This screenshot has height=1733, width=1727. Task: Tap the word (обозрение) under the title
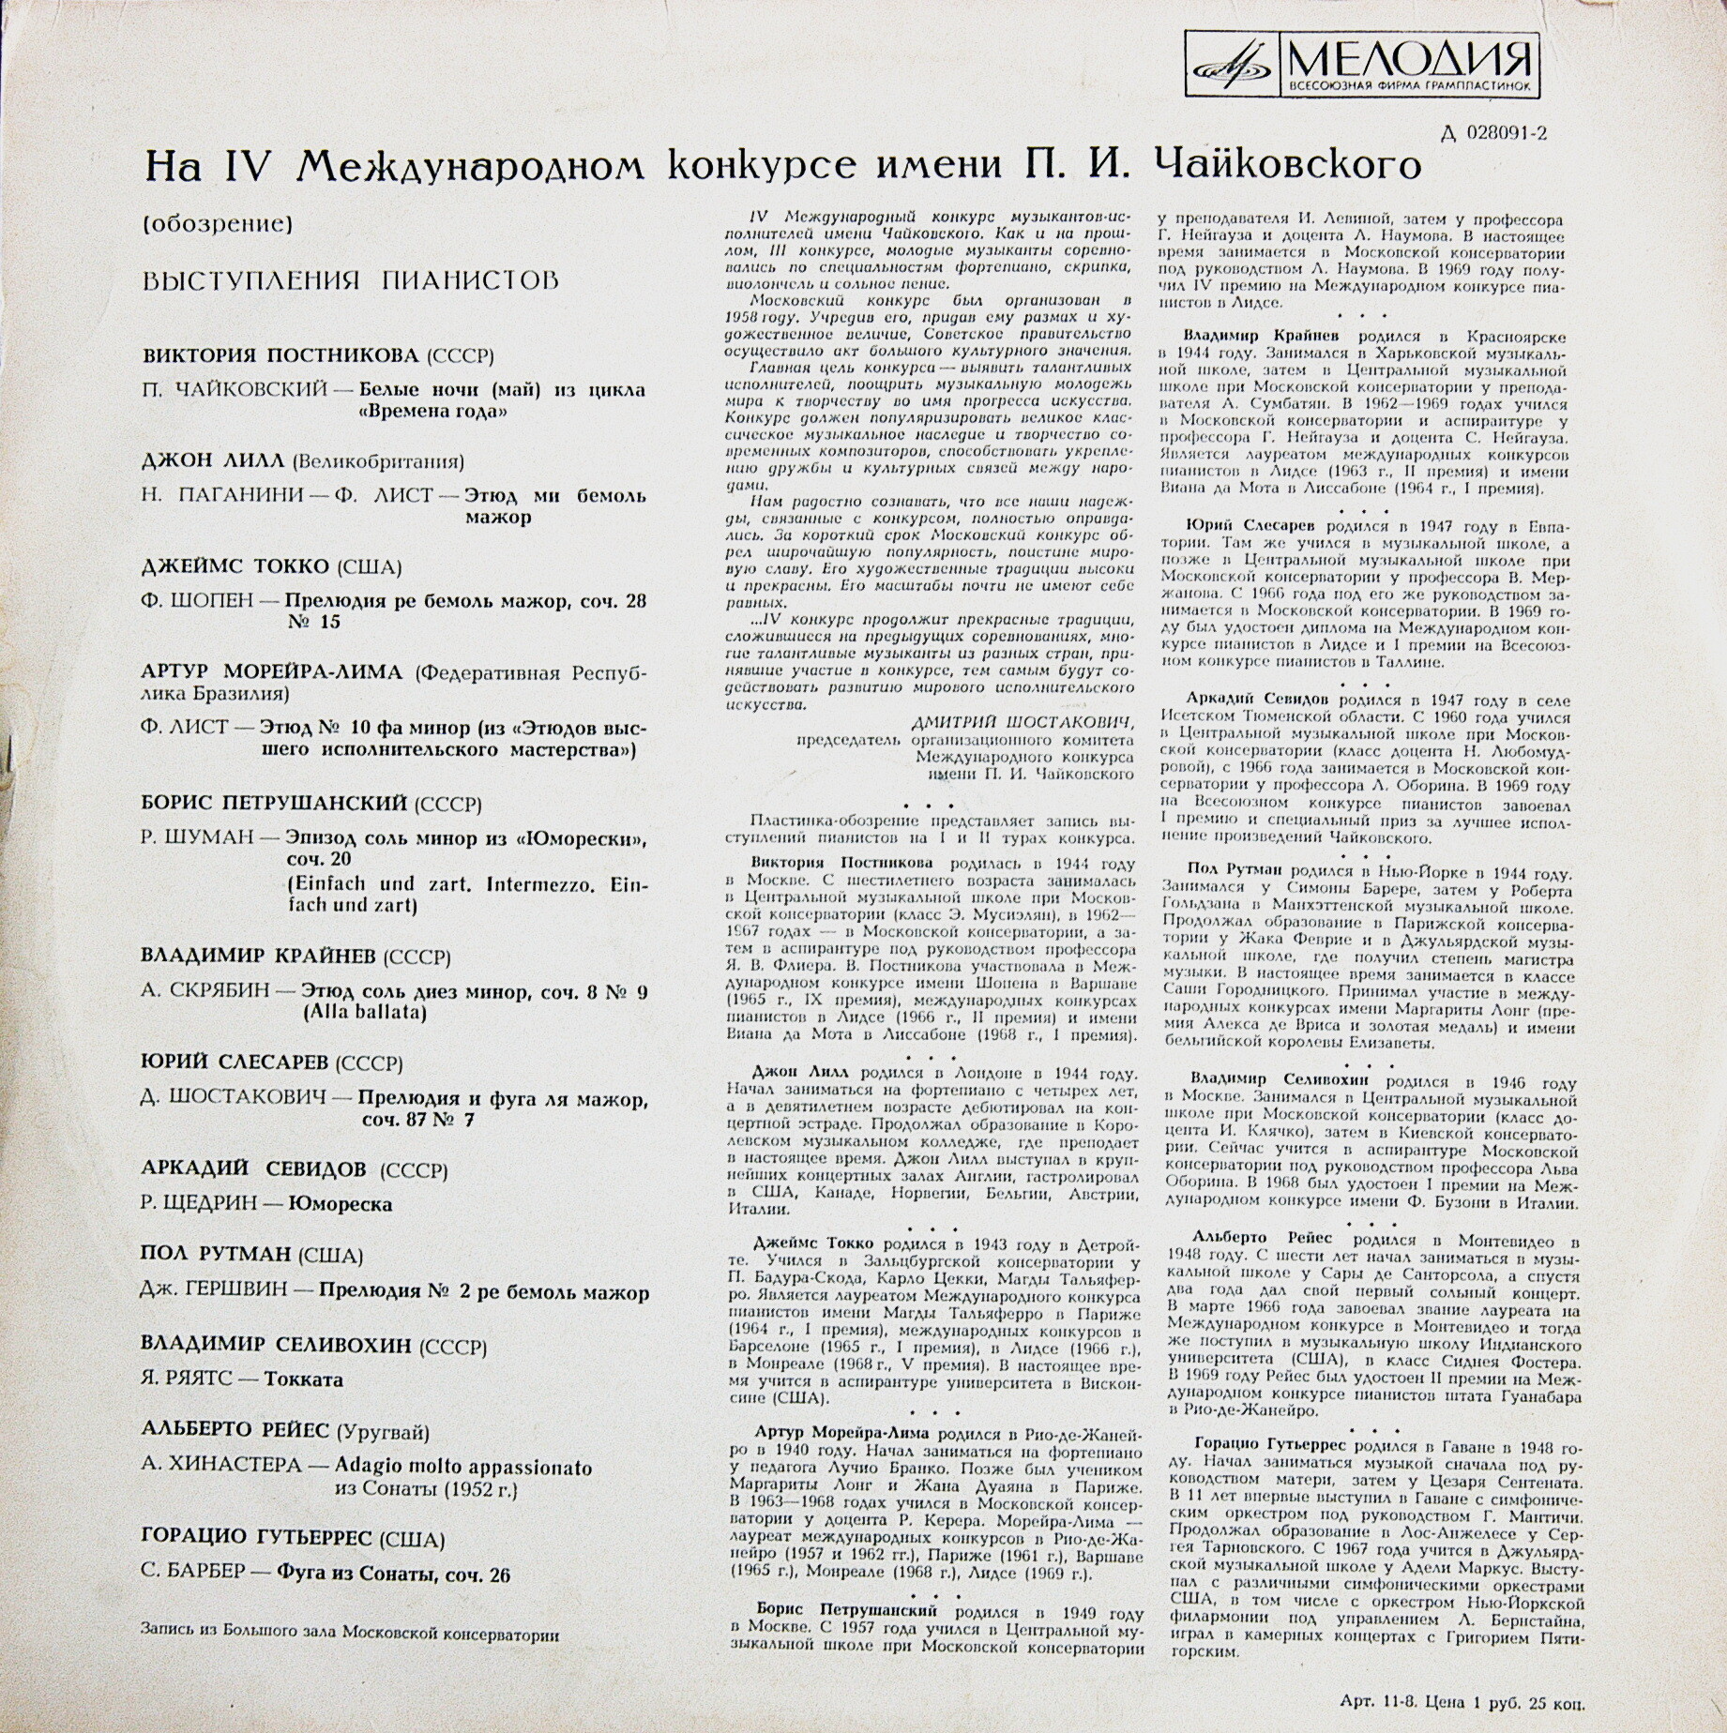[219, 224]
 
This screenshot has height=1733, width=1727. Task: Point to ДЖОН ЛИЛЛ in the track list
[214, 460]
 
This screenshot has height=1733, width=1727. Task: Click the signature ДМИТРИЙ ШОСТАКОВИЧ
[1023, 722]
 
